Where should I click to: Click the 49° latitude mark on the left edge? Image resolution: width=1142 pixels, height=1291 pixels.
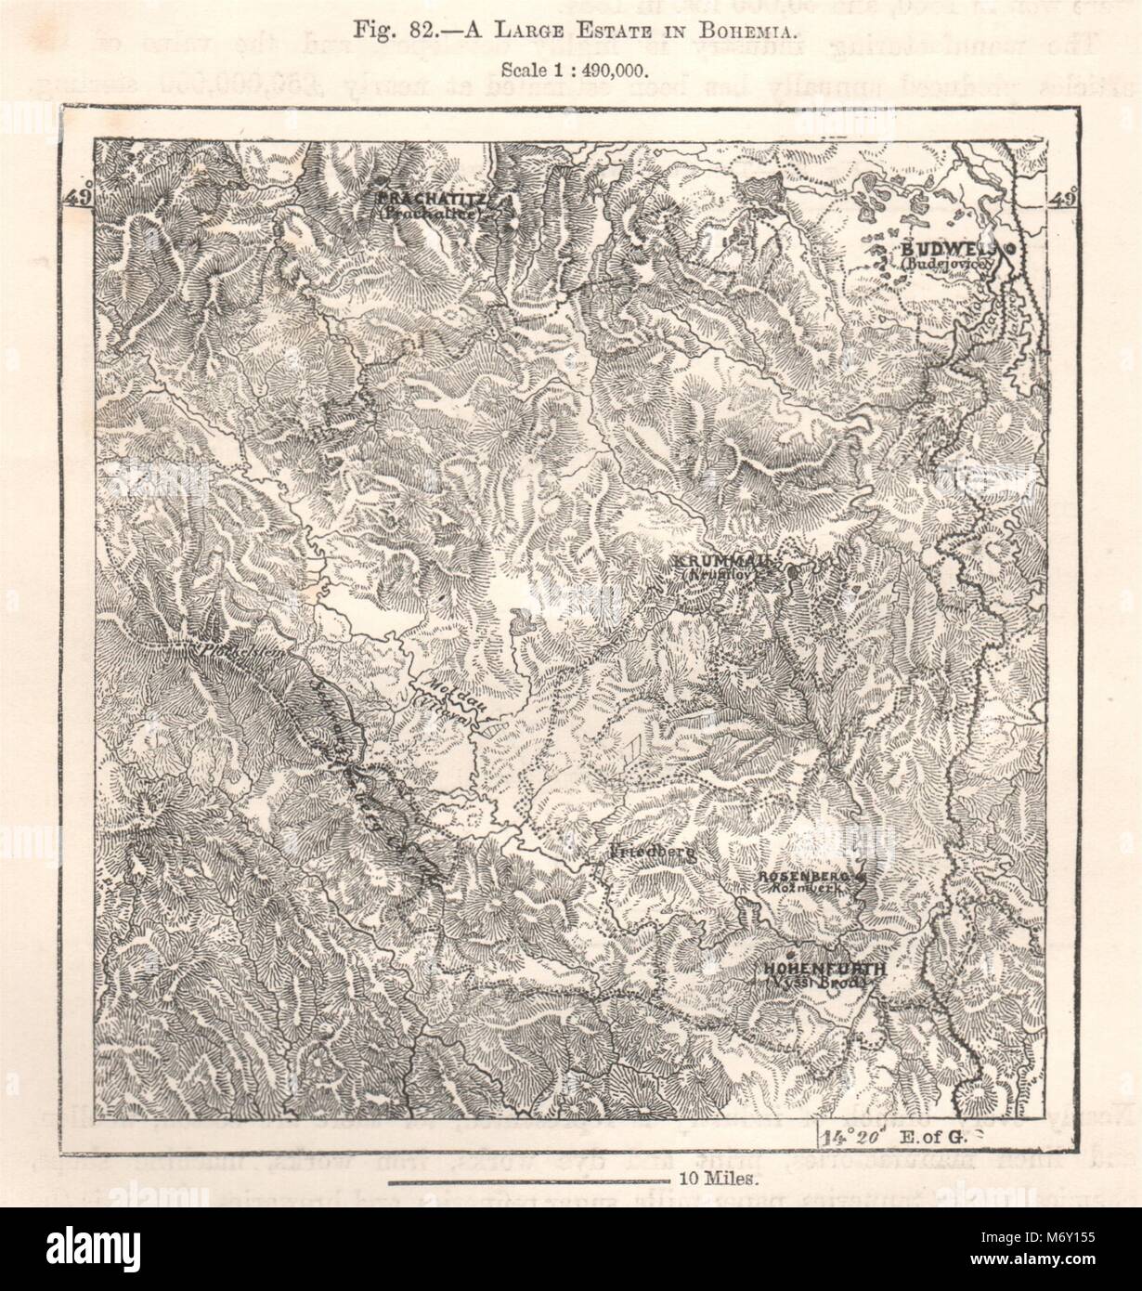point(80,198)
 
